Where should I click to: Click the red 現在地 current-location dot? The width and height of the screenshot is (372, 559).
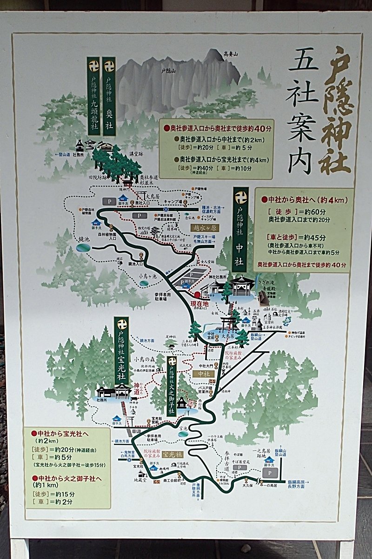click(197, 294)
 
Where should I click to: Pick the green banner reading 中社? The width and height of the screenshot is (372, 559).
click(240, 229)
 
